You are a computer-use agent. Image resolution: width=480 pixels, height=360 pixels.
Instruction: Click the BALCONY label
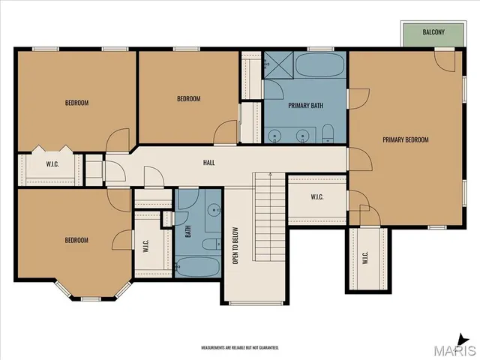pos(433,32)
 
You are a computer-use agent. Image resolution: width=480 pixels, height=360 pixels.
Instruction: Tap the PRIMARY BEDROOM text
pos(405,139)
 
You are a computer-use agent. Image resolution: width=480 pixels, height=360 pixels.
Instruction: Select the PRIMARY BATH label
pos(305,106)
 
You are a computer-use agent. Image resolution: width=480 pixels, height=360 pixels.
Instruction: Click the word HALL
pos(209,162)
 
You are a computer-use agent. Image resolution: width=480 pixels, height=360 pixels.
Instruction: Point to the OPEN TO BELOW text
pos(235,245)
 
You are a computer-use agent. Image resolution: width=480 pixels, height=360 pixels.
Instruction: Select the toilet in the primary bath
pos(328,135)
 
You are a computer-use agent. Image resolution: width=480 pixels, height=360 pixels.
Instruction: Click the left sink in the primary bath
pos(275,136)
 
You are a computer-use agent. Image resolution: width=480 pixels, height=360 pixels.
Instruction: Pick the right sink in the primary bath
pos(302,136)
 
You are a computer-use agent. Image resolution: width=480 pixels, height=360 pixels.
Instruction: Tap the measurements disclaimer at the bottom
pos(239,348)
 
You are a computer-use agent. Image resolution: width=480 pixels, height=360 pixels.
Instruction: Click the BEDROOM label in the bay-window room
pos(76,240)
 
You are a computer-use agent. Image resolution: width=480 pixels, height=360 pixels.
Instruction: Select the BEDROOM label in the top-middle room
pos(188,99)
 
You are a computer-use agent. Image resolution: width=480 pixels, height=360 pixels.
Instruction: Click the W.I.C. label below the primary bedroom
pos(365,259)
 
